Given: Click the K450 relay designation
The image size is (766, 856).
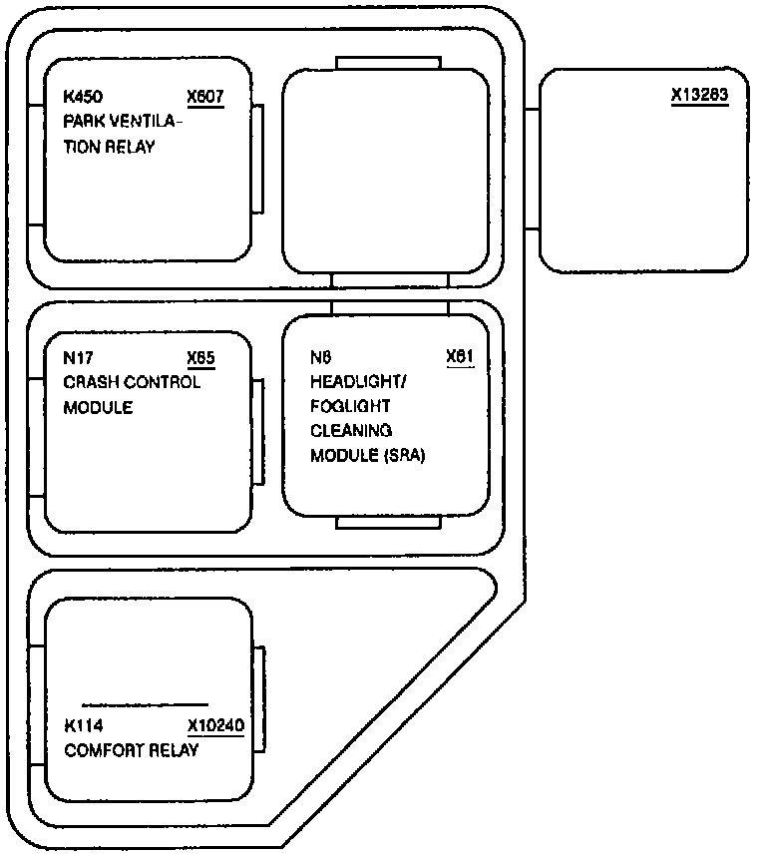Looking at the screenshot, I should click(83, 98).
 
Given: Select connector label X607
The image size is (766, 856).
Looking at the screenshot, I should click(204, 98).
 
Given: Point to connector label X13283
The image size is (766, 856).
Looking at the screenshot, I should click(700, 96).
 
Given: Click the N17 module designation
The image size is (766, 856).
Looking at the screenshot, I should click(78, 357).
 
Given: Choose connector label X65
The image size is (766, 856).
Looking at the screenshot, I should click(200, 357).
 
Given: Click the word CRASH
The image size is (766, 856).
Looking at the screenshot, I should click(89, 382).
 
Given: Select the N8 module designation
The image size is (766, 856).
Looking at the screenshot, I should click(320, 357).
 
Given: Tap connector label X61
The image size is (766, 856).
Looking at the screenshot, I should click(459, 357).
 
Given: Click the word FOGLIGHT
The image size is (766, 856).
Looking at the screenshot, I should click(350, 407).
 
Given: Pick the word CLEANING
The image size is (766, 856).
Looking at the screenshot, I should click(351, 431).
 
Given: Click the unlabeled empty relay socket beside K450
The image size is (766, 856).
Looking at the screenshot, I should click(386, 170).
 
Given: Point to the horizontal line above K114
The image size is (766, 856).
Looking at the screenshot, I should click(145, 704).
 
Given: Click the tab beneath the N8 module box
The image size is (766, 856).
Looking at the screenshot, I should click(388, 523).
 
